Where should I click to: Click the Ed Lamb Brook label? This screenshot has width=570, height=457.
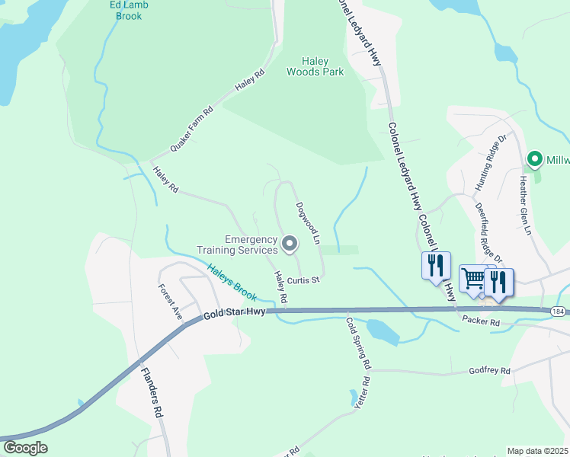coord(128,10)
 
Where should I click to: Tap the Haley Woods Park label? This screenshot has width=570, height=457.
coord(315,66)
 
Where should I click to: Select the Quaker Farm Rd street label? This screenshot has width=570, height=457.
coord(191,128)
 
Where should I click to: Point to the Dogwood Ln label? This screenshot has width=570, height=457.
coord(308,222)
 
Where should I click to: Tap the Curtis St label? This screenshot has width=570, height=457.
coord(308,280)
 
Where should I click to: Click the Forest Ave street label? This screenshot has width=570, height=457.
coord(170,302)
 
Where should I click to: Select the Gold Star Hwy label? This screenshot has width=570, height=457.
coord(233,315)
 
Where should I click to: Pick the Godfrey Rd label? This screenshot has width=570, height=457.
coord(488,370)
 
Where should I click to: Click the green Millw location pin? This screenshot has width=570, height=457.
coord(535,159)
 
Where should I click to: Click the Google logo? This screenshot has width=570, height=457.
coord(25,447)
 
